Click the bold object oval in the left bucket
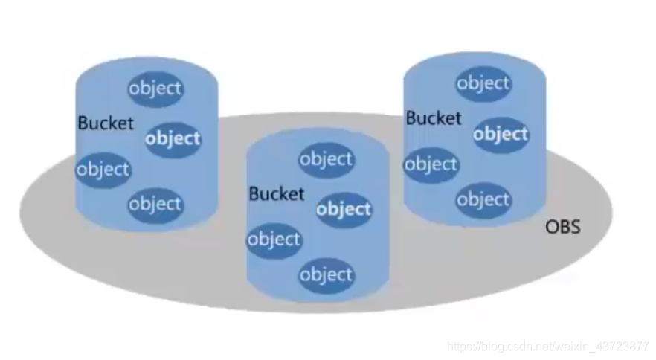pyautogui.click(x=173, y=139)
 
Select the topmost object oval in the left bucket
pyautogui.click(x=155, y=89)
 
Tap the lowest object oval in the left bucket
pyautogui.click(x=155, y=204)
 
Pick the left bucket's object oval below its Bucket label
pyautogui.click(x=103, y=170)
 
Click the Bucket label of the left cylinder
pyautogui.click(x=106, y=123)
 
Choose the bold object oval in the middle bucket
pyautogui.click(x=343, y=210)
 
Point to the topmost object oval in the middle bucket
pyautogui.click(x=326, y=159)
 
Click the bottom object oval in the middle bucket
pyautogui.click(x=326, y=275)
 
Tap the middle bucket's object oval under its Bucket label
pyautogui.click(x=274, y=240)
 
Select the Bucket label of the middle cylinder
pyautogui.click(x=277, y=194)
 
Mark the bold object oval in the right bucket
pyautogui.click(x=501, y=135)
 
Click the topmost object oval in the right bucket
pyautogui.click(x=483, y=83)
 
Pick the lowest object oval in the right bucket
pyautogui.click(x=483, y=199)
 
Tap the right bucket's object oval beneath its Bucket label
pyautogui.click(x=431, y=164)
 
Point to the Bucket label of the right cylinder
pyautogui.click(x=434, y=118)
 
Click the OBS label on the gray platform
pyautogui.click(x=563, y=226)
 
